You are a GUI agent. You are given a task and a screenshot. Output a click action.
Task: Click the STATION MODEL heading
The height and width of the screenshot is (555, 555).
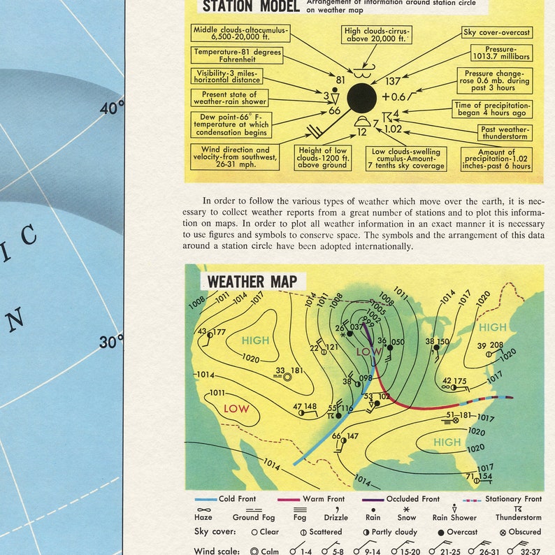[x=250, y=6]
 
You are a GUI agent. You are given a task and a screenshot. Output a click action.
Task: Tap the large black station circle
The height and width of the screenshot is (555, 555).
[x=361, y=97]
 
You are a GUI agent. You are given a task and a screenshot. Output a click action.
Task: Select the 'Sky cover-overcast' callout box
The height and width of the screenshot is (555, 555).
[x=497, y=33]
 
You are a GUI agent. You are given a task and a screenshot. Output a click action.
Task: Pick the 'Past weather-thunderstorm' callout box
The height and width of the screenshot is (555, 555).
[x=505, y=133]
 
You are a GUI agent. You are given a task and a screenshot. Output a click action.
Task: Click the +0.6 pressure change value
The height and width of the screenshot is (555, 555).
[x=394, y=96]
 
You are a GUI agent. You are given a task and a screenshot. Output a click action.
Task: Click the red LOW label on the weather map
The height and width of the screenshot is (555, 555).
[x=236, y=409]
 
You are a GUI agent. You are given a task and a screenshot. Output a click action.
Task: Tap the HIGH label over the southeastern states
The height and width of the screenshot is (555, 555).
[x=447, y=442]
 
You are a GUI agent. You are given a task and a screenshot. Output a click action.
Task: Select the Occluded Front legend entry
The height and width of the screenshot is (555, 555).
[x=412, y=499]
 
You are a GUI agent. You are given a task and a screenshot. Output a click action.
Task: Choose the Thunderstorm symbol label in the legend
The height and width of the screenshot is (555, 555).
[x=519, y=518]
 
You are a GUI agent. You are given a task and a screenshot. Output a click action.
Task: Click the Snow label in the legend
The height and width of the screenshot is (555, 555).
[x=406, y=518]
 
